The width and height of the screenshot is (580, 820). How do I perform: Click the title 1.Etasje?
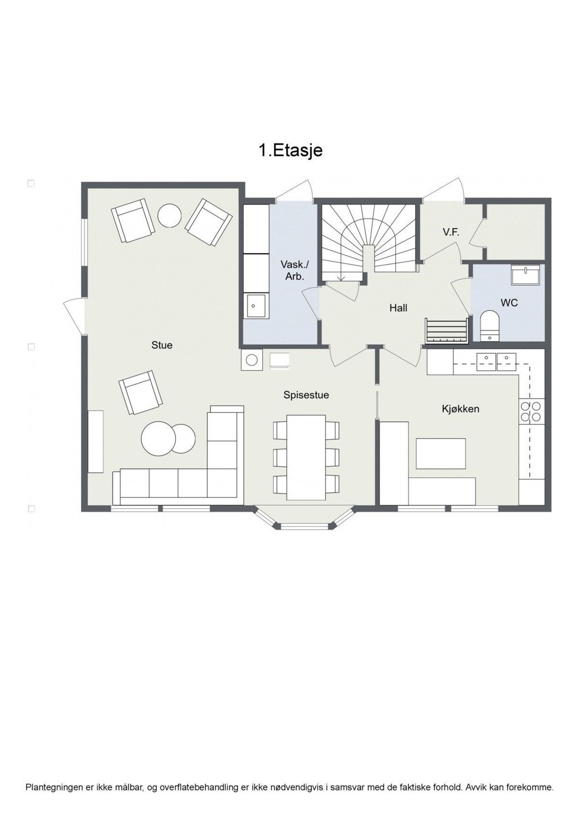pos(291,150)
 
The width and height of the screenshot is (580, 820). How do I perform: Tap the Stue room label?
pos(162,345)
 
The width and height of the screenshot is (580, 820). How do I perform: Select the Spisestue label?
pos(306,395)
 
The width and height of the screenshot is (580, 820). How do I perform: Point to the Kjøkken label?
pos(460,409)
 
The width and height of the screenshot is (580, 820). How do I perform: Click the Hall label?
pos(398,308)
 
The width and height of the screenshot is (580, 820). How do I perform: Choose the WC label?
pos(509,302)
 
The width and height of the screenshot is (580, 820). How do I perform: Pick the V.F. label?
pos(451,232)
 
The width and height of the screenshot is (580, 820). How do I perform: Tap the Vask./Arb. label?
pos(294,270)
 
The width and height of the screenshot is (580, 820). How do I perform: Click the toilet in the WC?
pos(490,325)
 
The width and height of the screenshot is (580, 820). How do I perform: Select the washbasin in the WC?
pos(525,275)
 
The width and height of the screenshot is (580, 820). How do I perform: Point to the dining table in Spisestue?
pos(306,457)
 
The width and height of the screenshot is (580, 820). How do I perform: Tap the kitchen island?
pos(441,453)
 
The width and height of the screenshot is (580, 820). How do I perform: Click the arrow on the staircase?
pos(342,277)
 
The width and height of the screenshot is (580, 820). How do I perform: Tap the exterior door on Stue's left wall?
pos(74,316)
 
